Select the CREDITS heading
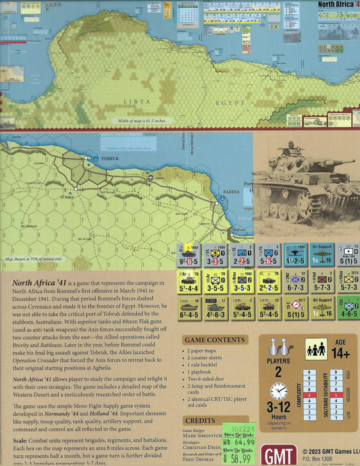coord(200,400)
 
